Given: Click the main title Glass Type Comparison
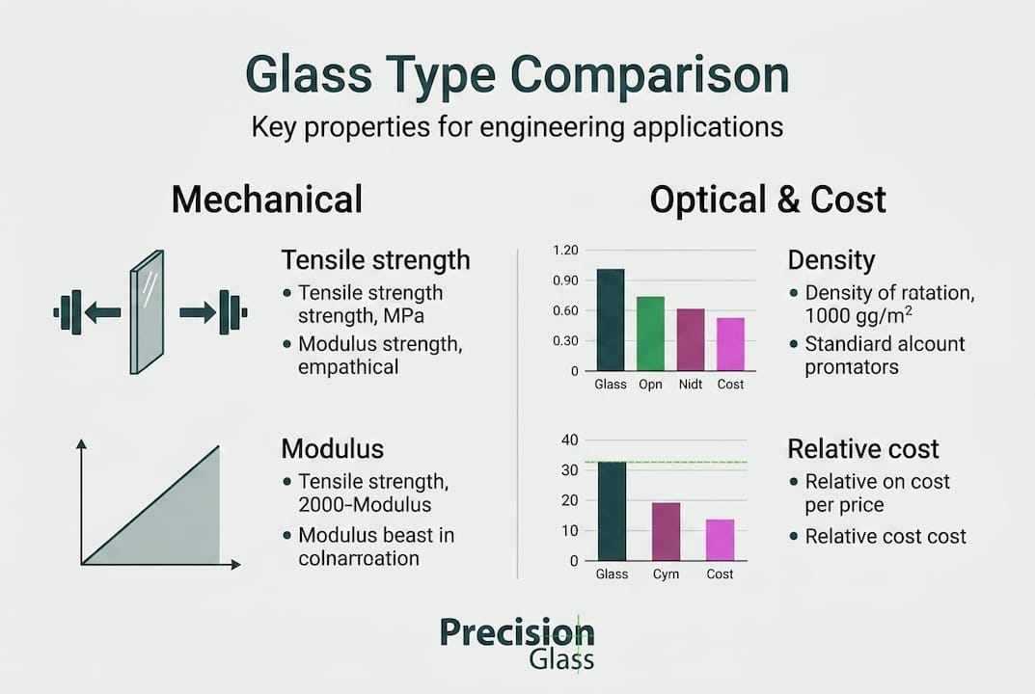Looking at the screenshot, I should pyautogui.click(x=517, y=76).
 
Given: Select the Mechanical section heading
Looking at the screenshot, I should pyautogui.click(x=266, y=200).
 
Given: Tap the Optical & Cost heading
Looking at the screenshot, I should pyautogui.click(x=767, y=200).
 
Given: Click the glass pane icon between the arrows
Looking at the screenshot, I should pyautogui.click(x=147, y=311).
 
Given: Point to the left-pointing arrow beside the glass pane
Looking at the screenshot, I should pyautogui.click(x=102, y=311).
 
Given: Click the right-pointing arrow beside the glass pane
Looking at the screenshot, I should pyautogui.click(x=198, y=311).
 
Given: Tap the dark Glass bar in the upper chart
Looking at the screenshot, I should pyautogui.click(x=611, y=320).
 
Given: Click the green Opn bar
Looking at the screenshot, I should pyautogui.click(x=650, y=334).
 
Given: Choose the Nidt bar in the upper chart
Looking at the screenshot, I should pyautogui.click(x=691, y=339).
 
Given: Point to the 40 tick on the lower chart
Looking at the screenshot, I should pyautogui.click(x=569, y=440).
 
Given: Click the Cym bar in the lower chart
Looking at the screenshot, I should pyautogui.click(x=667, y=531).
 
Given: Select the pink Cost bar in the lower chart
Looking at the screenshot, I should pyautogui.click(x=720, y=540).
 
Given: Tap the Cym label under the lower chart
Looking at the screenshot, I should pyautogui.click(x=666, y=574).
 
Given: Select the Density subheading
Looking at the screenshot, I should pyautogui.click(x=831, y=260).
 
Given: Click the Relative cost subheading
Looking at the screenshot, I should pyautogui.click(x=863, y=449).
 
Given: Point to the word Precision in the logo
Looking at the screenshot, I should pyautogui.click(x=517, y=632).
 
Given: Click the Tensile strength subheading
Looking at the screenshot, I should pyautogui.click(x=375, y=260).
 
